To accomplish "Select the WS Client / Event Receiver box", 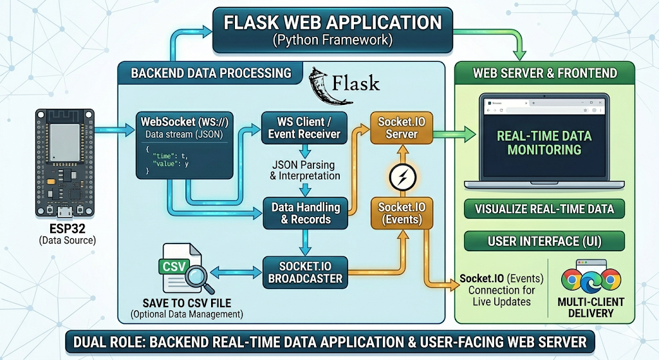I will pyautogui.click(x=303, y=127).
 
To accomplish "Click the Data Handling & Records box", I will pyautogui.click(x=306, y=213).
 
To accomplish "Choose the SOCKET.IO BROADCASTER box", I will pyautogui.click(x=306, y=272).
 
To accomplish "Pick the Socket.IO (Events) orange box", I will pyautogui.click(x=400, y=213).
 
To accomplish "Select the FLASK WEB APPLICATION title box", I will pyautogui.click(x=333, y=32).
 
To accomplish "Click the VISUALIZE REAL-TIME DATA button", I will pyautogui.click(x=544, y=209).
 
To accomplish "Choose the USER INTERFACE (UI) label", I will pyautogui.click(x=544, y=242).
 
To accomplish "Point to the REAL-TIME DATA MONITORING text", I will pyautogui.click(x=544, y=142).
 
